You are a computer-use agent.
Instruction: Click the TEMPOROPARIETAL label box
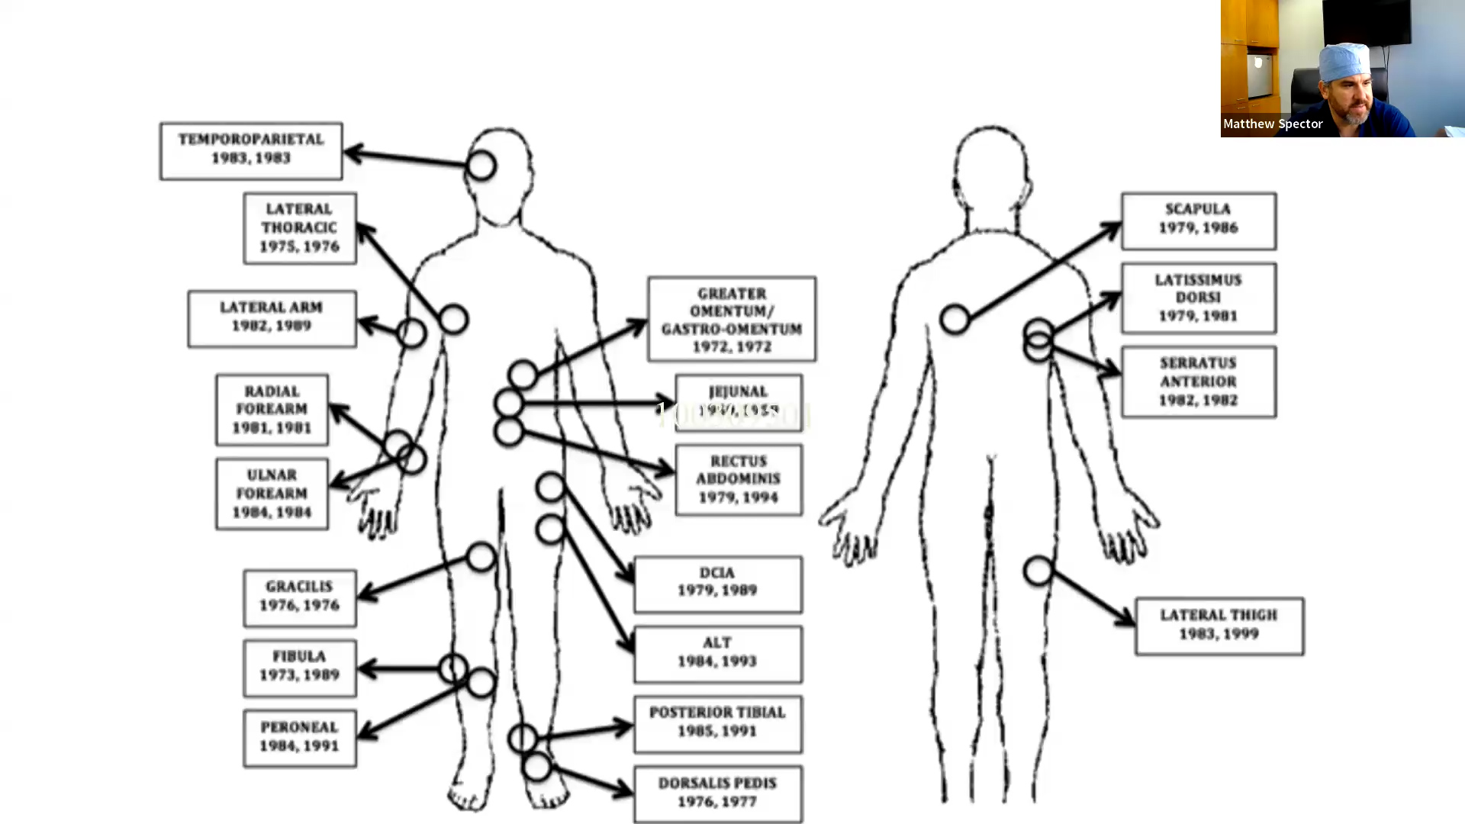point(251,150)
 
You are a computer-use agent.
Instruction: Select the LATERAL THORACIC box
point(299,228)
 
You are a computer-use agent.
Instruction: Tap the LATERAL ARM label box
point(272,318)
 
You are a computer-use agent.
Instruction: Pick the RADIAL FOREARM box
point(272,410)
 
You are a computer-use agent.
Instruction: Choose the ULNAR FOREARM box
point(272,494)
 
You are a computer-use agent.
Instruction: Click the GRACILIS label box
point(299,597)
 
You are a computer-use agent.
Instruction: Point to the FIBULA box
point(299,668)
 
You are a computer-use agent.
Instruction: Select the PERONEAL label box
point(299,738)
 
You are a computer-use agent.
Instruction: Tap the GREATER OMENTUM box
point(731,319)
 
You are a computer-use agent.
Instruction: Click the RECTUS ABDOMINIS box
point(738,480)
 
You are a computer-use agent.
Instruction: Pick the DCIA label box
point(717,584)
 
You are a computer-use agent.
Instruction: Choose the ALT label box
point(717,654)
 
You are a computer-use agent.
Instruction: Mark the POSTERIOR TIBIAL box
point(717,723)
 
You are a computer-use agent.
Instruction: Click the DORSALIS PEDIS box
point(717,793)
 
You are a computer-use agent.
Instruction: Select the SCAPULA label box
point(1198,220)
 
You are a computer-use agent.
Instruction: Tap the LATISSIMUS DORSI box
point(1198,298)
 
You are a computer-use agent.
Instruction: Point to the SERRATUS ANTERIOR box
point(1198,381)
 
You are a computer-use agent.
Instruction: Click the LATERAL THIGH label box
point(1219,626)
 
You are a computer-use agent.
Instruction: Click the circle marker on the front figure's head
point(481,166)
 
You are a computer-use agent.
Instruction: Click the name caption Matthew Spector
point(1273,124)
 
